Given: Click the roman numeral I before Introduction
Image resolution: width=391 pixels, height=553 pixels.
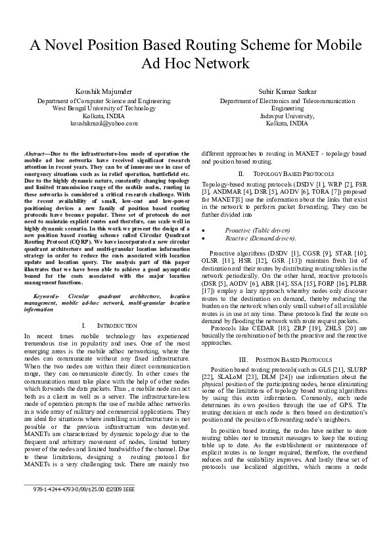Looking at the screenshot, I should (x=85, y=326).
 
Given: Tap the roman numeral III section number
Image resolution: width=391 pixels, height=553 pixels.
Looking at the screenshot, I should (x=242, y=359).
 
